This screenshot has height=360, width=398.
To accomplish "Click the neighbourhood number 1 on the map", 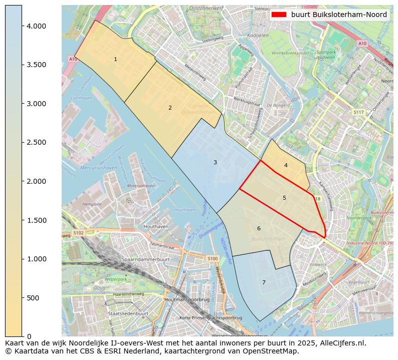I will [115, 59].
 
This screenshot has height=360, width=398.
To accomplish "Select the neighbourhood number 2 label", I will [170, 108].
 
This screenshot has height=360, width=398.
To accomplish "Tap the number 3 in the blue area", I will [215, 162].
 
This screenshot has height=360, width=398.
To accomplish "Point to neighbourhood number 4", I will [286, 165].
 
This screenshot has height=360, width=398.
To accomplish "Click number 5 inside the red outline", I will [284, 198].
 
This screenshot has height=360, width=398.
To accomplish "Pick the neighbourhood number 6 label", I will [259, 228].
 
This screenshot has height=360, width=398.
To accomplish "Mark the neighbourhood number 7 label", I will [264, 282].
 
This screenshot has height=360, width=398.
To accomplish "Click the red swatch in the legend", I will [279, 15].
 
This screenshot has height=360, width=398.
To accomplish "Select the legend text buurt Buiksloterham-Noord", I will [339, 15].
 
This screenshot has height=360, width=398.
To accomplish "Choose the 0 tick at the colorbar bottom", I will [30, 336].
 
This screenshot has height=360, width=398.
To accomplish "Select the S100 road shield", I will [213, 258].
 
